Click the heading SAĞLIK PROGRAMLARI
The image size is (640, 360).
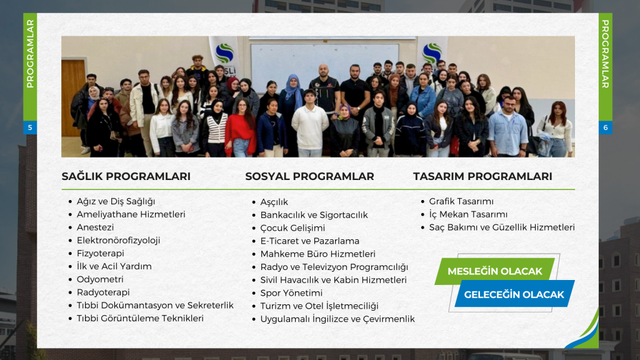[126, 176]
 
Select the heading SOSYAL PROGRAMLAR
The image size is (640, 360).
[309, 176]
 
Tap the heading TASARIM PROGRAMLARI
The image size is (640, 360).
[482, 176]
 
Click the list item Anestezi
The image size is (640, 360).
[95, 227]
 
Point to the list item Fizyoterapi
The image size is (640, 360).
[101, 254]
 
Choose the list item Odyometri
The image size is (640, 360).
[100, 279]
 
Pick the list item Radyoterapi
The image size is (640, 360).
[103, 292]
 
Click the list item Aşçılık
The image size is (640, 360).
[274, 202]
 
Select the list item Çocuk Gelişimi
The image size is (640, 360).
[292, 228]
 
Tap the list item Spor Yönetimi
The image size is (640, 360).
[291, 293]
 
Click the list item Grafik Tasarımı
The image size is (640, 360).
[461, 202]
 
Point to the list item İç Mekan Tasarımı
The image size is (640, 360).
[468, 215]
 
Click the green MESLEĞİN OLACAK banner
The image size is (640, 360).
[495, 271]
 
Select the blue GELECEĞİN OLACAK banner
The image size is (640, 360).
[514, 294]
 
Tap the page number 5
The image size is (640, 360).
[30, 127]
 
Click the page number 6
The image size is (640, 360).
[605, 127]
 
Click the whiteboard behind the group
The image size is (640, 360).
[324, 61]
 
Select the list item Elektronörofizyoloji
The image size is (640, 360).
[118, 241]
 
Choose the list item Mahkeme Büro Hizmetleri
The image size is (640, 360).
[318, 254]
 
